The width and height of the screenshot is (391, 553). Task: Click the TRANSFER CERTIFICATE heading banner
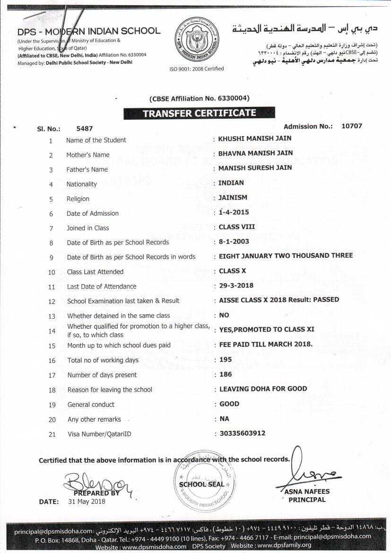point(199,114)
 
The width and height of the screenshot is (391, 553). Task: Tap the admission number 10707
point(351,126)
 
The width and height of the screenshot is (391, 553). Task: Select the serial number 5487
point(85,129)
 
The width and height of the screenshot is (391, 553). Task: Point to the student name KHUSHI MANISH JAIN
point(255,139)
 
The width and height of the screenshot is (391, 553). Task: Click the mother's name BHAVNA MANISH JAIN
point(255,153)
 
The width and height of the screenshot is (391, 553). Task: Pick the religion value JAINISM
point(233,197)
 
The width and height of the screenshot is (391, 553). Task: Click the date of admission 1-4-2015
point(234,212)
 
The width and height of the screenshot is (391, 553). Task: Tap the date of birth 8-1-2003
point(234,241)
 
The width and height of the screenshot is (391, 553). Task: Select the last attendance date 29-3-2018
point(236,285)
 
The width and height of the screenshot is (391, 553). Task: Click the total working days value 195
point(226,360)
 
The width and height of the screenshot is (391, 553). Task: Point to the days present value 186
point(226,374)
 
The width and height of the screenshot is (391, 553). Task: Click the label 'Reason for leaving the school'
point(110,390)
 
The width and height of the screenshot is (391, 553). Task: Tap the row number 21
point(52,434)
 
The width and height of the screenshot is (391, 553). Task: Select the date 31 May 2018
point(87,501)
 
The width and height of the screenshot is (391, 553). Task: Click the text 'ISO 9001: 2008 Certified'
point(197,69)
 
